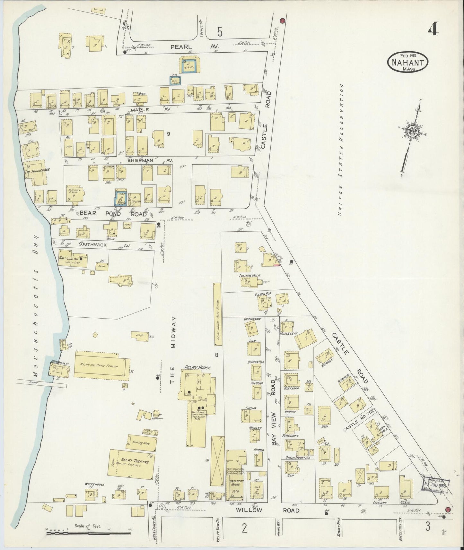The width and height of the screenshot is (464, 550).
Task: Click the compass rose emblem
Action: click(x=412, y=132)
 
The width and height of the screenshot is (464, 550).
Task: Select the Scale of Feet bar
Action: click(x=88, y=533)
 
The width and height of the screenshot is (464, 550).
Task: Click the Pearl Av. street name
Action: click(x=192, y=47)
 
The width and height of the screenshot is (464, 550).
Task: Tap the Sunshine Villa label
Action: click(x=249, y=275)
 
